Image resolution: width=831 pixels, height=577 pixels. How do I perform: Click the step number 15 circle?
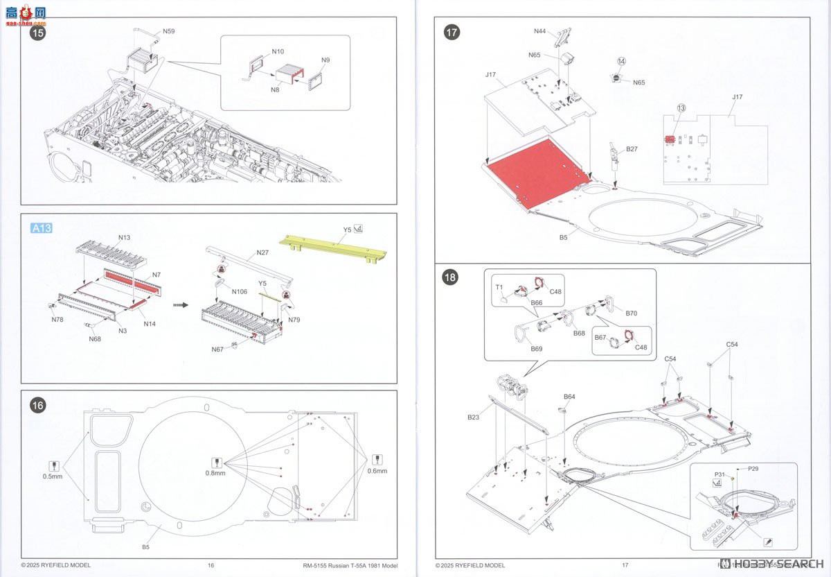[38, 33]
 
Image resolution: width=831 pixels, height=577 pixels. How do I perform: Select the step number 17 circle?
[452, 33]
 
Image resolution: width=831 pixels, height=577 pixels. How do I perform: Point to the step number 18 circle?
[452, 277]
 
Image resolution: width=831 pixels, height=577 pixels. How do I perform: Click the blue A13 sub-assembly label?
[42, 228]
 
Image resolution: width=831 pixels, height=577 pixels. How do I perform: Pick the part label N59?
[169, 31]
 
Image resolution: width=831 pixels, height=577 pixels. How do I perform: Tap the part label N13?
[124, 237]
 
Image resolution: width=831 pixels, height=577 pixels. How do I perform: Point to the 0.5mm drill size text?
[53, 476]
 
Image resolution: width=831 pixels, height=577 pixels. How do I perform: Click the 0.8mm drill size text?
[215, 473]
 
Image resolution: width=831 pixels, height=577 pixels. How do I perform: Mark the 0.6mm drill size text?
[377, 471]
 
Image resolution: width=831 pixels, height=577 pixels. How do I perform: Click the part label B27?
[632, 148]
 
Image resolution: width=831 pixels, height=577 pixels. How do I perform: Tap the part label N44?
[540, 31]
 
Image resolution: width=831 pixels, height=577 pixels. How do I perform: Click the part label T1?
[498, 286]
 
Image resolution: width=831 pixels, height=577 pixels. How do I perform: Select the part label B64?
[569, 397]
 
